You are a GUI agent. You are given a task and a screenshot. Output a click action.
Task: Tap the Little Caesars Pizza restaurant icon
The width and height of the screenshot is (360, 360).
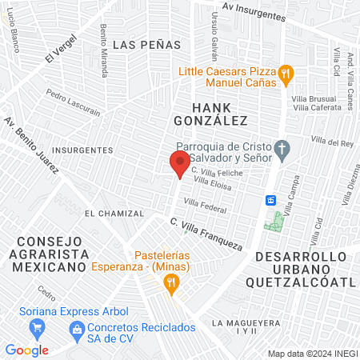tap(287, 75)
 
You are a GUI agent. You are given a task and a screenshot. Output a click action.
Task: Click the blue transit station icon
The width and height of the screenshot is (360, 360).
tap(271, 199)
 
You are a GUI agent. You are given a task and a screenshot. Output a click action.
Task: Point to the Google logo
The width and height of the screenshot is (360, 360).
tap(26, 350)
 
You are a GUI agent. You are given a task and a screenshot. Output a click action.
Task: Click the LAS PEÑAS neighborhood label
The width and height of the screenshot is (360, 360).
tap(139, 44)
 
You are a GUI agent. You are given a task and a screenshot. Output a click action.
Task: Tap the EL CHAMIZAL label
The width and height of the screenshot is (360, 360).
tap(114, 214)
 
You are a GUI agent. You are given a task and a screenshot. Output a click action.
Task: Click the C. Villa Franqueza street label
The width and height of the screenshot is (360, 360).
tap(206, 234)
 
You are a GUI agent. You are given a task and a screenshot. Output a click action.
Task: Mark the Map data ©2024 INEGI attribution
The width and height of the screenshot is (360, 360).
tap(311, 353)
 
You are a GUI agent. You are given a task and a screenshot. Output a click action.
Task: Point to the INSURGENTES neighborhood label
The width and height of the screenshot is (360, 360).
tap(82, 150)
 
